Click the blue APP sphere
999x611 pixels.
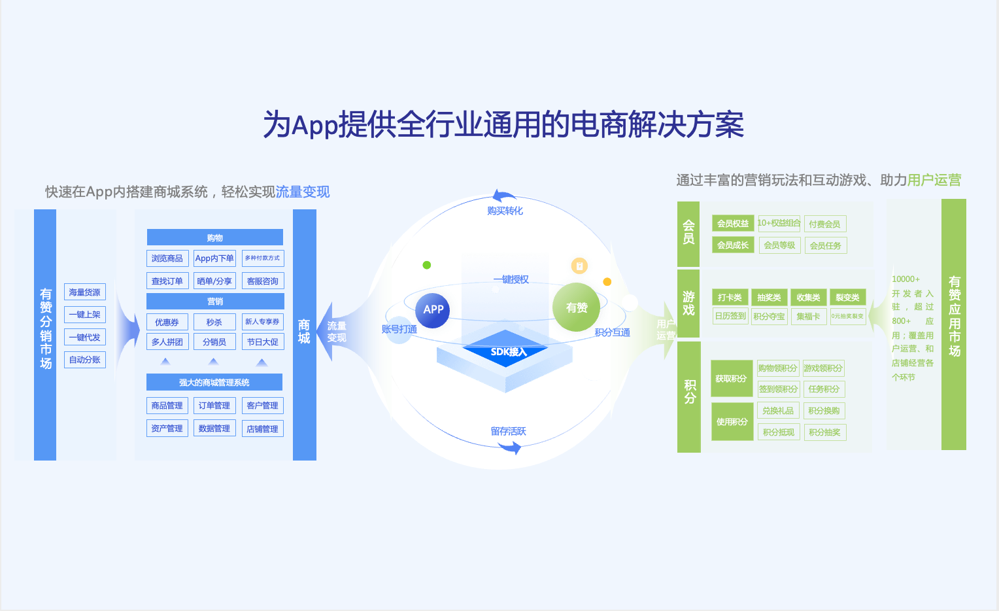[x=433, y=309]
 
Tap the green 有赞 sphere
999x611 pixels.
[x=576, y=307]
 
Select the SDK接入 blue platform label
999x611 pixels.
[x=508, y=352]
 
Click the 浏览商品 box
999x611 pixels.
[x=167, y=258]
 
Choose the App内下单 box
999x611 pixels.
[x=214, y=258]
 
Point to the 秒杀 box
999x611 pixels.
[x=214, y=323]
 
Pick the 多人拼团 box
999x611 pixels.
[x=167, y=341]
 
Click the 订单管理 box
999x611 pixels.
[x=214, y=406]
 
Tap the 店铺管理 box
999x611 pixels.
[x=262, y=428]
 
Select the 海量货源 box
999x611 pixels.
[x=85, y=292]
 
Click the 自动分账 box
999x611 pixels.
[x=85, y=360]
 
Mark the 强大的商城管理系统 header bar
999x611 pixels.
[x=214, y=383]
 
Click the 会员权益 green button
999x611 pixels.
[x=733, y=224]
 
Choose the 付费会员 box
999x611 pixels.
[x=824, y=224]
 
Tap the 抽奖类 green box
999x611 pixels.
[x=769, y=298]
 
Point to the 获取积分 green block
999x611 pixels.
[x=732, y=379]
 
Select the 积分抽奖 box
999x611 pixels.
[x=824, y=432]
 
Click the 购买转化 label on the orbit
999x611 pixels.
[x=505, y=211]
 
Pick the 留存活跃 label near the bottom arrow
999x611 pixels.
[x=508, y=431]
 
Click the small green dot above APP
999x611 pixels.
[x=427, y=265]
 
